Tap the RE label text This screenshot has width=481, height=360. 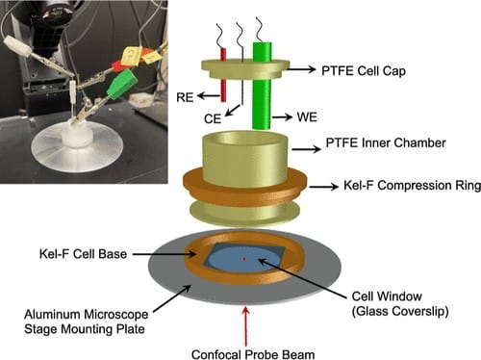tap(189, 97)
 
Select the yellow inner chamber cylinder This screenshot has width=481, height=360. tap(244, 154)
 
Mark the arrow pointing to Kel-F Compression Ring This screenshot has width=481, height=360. tap(323, 184)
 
